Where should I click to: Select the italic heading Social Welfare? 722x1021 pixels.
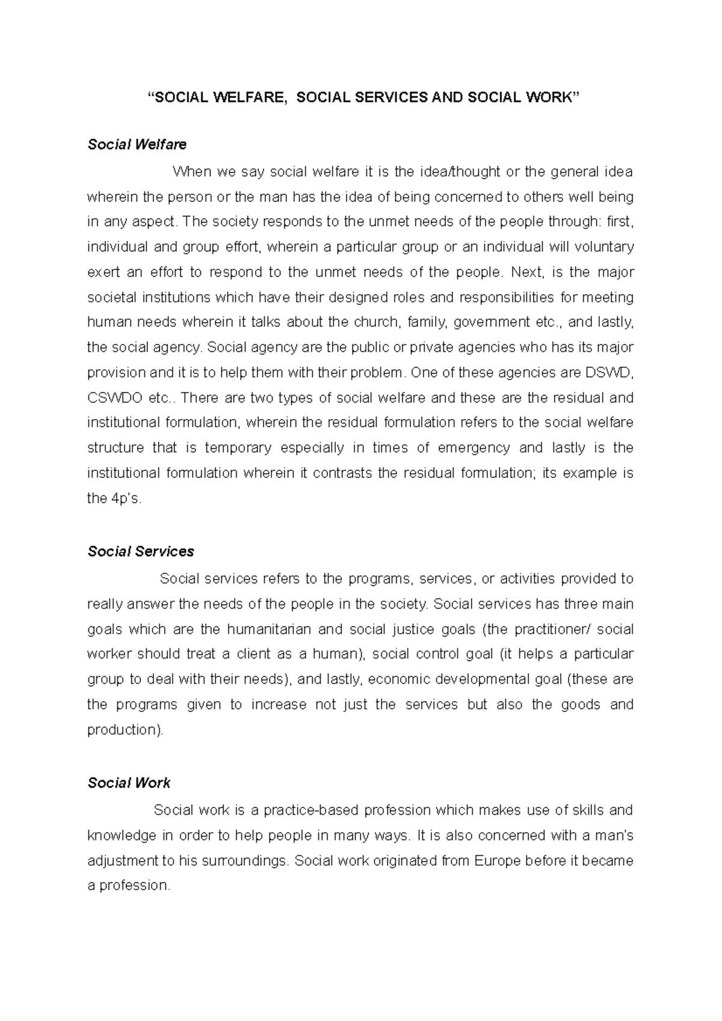(137, 144)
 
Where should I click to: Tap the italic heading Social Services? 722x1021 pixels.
(141, 551)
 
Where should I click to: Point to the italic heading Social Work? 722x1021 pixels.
(129, 783)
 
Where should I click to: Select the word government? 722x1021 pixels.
(492, 322)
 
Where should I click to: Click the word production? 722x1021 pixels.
(124, 729)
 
